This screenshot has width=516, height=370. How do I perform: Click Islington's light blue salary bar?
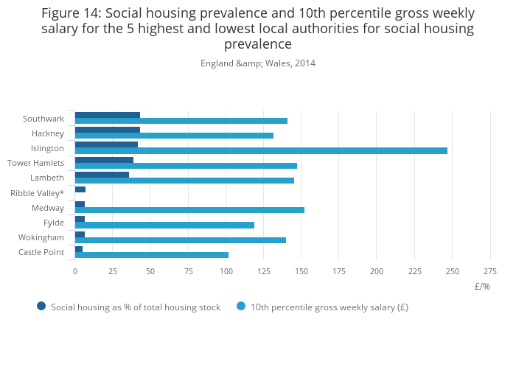pos(261,150)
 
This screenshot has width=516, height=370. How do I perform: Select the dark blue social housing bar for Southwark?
pos(107,115)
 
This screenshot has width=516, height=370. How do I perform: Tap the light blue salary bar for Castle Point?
pos(151,255)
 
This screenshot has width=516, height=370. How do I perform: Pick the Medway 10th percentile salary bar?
pos(189,210)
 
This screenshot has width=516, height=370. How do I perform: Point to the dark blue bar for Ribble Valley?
pos(80,189)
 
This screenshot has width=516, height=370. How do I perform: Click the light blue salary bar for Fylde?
pos(164,225)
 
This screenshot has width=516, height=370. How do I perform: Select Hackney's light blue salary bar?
pos(174,136)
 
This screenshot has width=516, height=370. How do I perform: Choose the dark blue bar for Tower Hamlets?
pos(104,159)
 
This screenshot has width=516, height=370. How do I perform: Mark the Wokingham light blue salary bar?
pos(180,240)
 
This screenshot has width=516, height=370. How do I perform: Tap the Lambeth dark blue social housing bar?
pos(102,175)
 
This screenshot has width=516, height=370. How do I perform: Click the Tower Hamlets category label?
pos(35,163)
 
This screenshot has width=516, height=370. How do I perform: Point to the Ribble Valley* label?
pos(37,193)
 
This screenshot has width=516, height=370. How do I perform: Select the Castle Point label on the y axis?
pos(41,253)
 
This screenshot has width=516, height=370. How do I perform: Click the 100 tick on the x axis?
pos(226,271)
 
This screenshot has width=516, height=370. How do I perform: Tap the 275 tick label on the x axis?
pos(489,271)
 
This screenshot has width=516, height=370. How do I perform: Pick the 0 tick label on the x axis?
pos(74,271)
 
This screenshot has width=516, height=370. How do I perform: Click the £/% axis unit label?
pos(482,287)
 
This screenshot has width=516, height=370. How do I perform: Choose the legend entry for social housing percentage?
pos(135,307)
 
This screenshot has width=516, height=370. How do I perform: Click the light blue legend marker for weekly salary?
pos(241,307)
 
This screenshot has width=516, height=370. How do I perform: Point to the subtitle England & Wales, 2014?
pos(258,63)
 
